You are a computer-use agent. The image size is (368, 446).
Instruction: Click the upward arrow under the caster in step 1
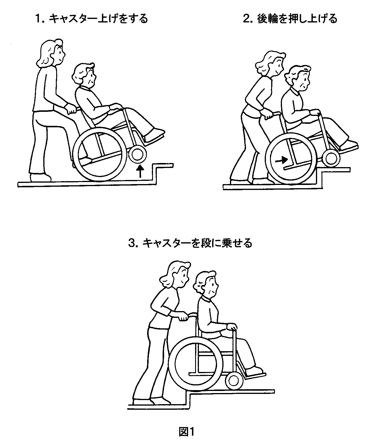140,171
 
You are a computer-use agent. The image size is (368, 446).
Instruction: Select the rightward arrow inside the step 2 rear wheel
281,159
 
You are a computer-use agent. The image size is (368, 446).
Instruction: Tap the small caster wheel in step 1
138,155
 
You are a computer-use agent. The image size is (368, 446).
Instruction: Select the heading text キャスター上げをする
99,19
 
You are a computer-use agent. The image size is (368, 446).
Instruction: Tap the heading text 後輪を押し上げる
297,19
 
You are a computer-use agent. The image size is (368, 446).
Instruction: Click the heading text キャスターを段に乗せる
197,243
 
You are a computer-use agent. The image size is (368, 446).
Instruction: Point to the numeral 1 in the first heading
38,19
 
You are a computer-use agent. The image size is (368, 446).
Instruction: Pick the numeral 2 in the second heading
246,19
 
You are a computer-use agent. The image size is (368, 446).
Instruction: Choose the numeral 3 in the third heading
132,243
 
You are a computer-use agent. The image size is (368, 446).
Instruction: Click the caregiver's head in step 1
51,53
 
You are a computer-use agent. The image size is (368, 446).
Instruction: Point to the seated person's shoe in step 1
154,134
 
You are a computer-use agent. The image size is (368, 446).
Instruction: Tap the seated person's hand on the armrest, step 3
232,327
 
